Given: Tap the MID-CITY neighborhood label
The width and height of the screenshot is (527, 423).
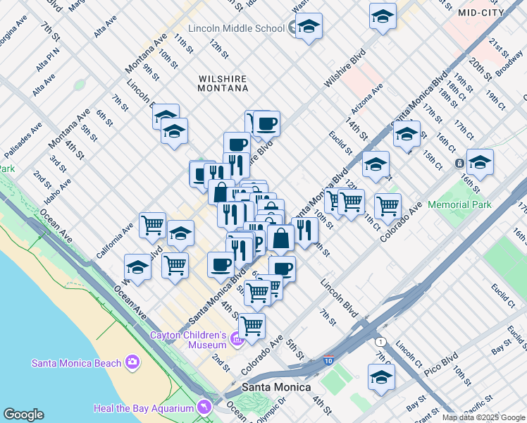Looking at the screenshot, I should pyautogui.click(x=482, y=13).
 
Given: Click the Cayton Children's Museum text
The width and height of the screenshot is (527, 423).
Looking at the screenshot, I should pyautogui.click(x=187, y=340).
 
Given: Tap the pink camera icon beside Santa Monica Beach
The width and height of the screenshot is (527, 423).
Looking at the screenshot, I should pyautogui.click(x=132, y=363).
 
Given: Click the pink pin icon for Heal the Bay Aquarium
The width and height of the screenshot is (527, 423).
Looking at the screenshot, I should pyautogui.click(x=204, y=408).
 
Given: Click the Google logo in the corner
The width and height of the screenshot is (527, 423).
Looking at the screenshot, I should pyautogui.click(x=23, y=415).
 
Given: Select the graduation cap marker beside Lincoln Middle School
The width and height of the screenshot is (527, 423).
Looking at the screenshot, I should pyautogui.click(x=309, y=27).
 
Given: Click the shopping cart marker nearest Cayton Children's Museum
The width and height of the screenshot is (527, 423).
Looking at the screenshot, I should pyautogui.click(x=252, y=326).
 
